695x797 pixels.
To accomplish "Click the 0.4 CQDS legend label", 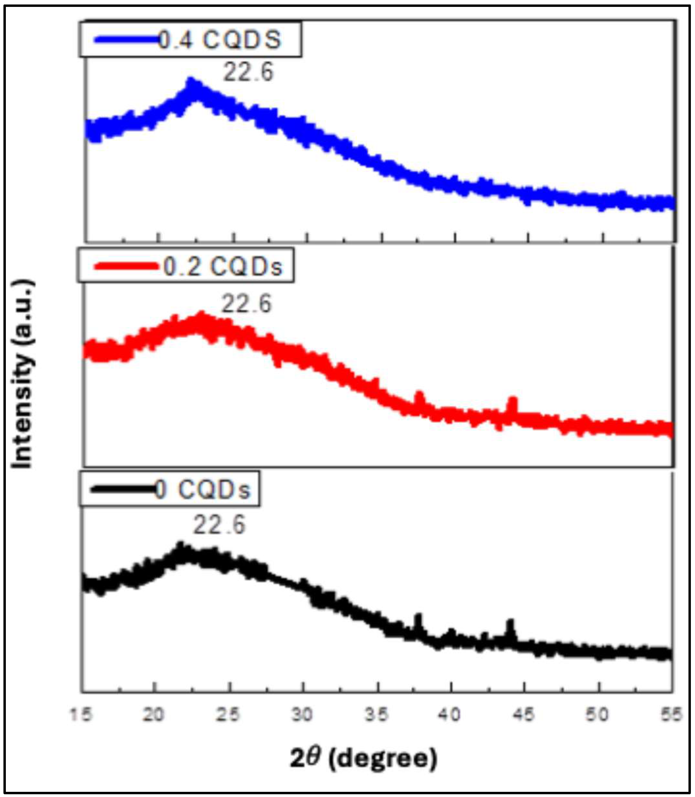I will [219, 40].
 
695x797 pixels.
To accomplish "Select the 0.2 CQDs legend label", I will [222, 267].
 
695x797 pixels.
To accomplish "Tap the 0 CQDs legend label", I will [203, 490].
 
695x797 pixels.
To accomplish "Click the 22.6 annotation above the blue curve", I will [248, 72].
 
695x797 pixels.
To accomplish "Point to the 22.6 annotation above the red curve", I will [246, 304].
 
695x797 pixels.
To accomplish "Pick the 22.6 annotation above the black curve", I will [219, 525].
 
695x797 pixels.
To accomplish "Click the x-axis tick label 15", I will [81, 714].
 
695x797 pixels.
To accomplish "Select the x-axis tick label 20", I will [154, 714].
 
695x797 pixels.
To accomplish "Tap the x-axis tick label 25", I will [228, 714].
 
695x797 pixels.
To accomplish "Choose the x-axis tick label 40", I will [450, 714].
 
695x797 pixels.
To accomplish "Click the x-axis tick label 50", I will [598, 714].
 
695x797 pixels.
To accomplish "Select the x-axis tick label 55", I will [671, 714].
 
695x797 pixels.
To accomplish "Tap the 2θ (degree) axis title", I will [363, 758].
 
